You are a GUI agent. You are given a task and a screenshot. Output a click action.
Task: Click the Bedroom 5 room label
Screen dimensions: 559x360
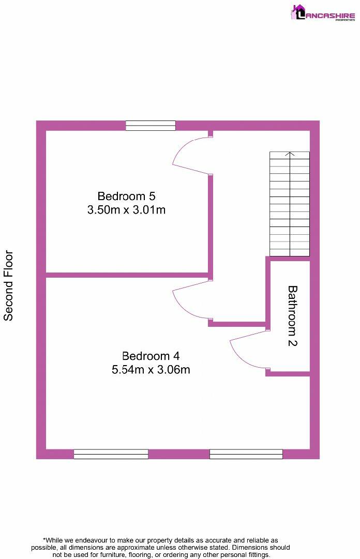pyautogui.click(x=126, y=197)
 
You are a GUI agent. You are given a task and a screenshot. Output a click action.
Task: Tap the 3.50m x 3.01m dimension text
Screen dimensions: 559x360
pyautogui.click(x=126, y=210)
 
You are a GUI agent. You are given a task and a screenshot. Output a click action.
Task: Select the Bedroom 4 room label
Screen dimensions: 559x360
pyautogui.click(x=151, y=356)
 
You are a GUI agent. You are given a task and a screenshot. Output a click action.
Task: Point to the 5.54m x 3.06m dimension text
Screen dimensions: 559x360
pyautogui.click(x=151, y=370)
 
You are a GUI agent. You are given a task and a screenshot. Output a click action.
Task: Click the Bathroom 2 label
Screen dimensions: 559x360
pyautogui.click(x=292, y=316)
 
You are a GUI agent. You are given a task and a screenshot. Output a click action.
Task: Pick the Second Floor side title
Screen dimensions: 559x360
pyautogui.click(x=9, y=285)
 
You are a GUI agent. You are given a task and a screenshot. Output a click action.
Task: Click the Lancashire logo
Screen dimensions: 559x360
pyautogui.click(x=323, y=12)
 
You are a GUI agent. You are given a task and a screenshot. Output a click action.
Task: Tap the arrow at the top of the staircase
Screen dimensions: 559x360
pyautogui.click(x=290, y=154)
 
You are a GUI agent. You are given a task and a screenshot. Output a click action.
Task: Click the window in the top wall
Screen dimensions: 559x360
pyautogui.click(x=151, y=126)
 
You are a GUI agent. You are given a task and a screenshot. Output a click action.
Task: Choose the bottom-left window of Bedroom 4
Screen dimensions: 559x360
pyautogui.click(x=111, y=454)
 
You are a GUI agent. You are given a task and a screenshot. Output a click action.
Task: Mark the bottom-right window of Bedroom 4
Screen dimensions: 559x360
pyautogui.click(x=246, y=454)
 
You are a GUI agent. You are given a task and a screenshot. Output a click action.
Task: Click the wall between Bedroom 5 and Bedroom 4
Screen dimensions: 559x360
pyautogui.click(x=127, y=275)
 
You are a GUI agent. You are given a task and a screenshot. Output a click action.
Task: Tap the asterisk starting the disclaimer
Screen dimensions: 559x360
pyautogui.click(x=44, y=539)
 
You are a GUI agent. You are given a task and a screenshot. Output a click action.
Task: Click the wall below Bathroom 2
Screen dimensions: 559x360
pyautogui.click(x=288, y=373)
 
